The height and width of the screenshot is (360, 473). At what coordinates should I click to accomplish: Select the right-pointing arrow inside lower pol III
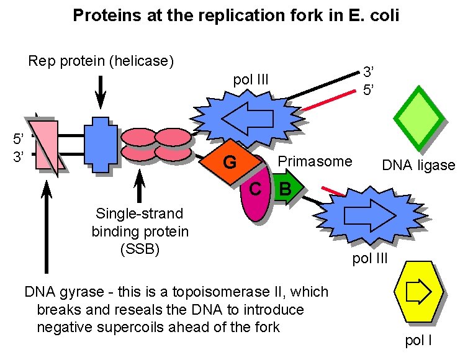[369, 214]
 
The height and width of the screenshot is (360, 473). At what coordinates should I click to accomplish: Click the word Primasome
[315, 162]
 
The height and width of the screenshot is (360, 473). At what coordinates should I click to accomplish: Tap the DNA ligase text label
[418, 165]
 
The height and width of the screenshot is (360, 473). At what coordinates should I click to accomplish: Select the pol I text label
[418, 340]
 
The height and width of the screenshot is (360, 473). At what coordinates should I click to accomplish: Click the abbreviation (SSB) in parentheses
[140, 249]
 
